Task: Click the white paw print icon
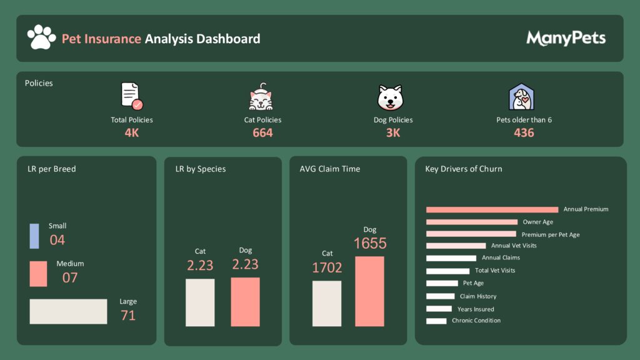coord(41,37)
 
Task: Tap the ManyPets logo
coord(566,38)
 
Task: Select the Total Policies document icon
coord(131,96)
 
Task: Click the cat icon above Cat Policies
coord(262,97)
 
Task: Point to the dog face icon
coord(391,97)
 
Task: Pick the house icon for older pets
coord(521,97)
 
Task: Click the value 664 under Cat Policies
coord(262,132)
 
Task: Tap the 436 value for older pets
coord(524,132)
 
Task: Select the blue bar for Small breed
coord(34,236)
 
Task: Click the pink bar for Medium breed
coord(38,274)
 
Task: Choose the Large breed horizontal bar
coord(68,311)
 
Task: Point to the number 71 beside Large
coord(128,316)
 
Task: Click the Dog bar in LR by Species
coord(245,302)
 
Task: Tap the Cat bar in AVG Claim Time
coord(327,303)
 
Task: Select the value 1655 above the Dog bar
coord(370,243)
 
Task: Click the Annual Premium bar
coord(492,209)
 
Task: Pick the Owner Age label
coord(538,222)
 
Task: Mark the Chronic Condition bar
coord(436,321)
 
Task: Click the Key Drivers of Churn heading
coord(463,169)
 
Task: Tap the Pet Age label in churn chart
coord(473,283)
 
